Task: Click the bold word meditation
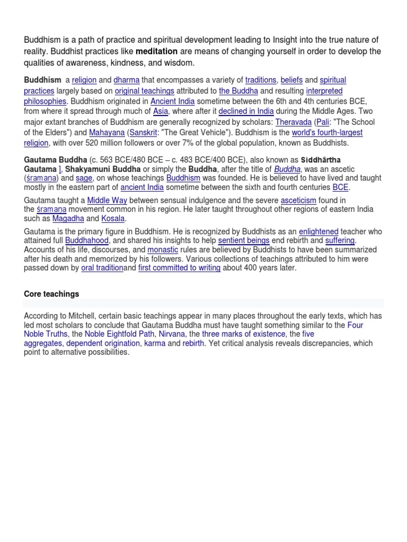point(157,52)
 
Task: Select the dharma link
point(125,80)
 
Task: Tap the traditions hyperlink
point(261,80)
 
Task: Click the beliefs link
point(291,80)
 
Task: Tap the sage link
point(84,178)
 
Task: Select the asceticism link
point(298,200)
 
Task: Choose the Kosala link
point(113,219)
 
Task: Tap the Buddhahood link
point(87,241)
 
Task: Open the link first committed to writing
point(179,268)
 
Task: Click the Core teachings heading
point(51,294)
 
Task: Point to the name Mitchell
point(77,316)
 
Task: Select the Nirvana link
point(172,334)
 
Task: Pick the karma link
point(155,344)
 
